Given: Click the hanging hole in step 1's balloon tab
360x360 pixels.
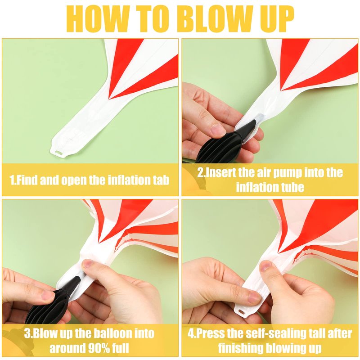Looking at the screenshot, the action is pos(59,153).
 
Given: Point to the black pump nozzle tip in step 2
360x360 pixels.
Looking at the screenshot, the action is pos(254,121).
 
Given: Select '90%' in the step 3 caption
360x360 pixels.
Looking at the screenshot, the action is pos(99,348).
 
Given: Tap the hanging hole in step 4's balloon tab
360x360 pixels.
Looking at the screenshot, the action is pos(241,312).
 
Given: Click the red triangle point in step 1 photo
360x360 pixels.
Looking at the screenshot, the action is pos(109,99).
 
